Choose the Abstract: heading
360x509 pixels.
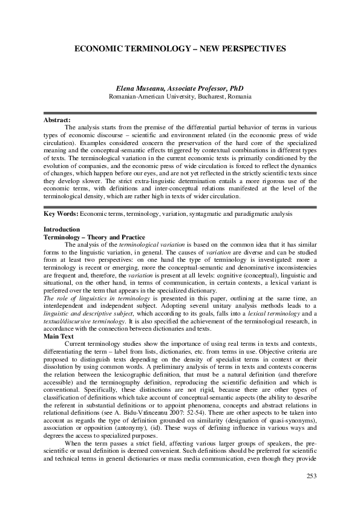[57, 120]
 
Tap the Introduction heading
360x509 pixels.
[62, 230]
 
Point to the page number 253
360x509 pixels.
[309, 479]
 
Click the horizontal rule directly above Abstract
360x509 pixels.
[180, 113]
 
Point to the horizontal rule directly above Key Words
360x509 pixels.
[180, 206]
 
